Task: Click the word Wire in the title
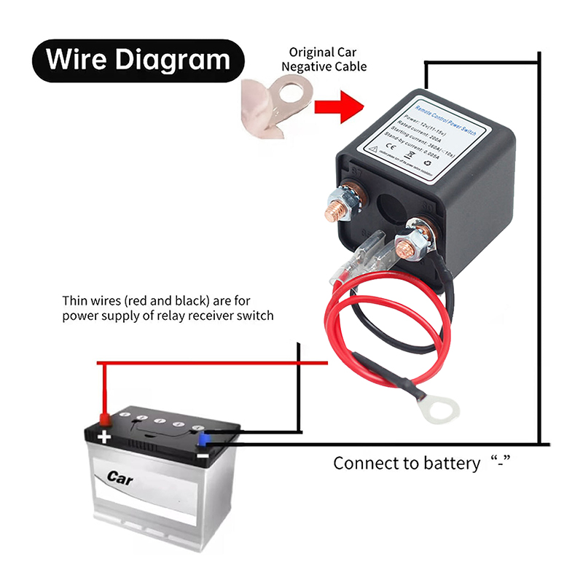pos(78,59)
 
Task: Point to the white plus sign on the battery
pos(104,437)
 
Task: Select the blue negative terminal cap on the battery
pos(205,438)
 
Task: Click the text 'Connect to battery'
pos(407,463)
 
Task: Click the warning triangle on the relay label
pos(372,147)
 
